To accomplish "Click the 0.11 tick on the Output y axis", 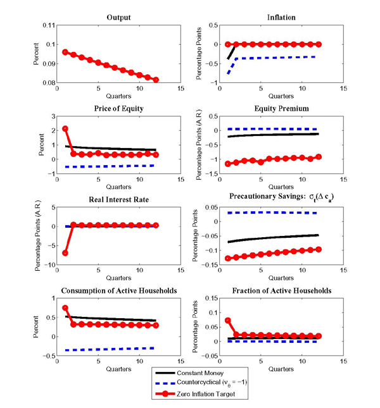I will pyautogui.click(x=47, y=26).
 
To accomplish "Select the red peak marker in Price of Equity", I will pyautogui.click(x=66, y=129).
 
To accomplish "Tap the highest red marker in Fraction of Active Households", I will pyautogui.click(x=228, y=321).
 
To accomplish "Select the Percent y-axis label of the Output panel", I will pyautogui.click(x=34, y=54).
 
